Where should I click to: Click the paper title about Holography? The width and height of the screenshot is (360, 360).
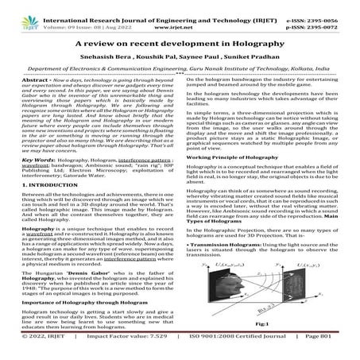[x=180, y=50]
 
